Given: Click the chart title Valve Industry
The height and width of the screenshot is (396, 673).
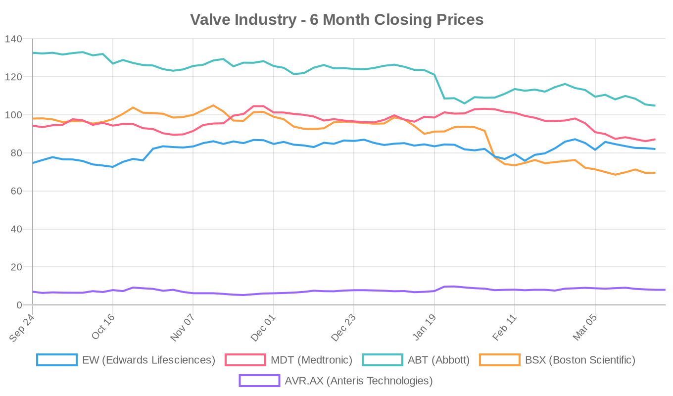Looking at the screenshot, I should (x=336, y=19).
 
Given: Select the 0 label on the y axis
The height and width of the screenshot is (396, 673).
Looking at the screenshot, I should (x=19, y=305).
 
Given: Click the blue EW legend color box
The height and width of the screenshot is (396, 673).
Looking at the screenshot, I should (x=57, y=360).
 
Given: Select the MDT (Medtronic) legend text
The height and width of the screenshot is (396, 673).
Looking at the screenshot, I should (x=311, y=360).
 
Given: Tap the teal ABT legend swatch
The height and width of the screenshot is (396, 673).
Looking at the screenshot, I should (x=383, y=360).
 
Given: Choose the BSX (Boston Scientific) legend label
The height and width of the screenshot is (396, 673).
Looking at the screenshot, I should (x=580, y=360).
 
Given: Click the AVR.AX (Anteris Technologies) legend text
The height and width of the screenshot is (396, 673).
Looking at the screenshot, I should (x=359, y=381).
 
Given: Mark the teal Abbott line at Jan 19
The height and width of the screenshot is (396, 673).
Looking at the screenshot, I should (x=434, y=75).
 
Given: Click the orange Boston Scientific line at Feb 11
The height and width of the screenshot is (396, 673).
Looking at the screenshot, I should (x=515, y=165).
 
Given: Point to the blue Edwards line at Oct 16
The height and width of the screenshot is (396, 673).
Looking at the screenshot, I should (x=113, y=167).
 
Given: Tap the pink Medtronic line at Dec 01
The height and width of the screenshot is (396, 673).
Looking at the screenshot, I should (x=274, y=112).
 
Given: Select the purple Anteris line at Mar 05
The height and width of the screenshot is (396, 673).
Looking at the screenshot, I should (x=595, y=288).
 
